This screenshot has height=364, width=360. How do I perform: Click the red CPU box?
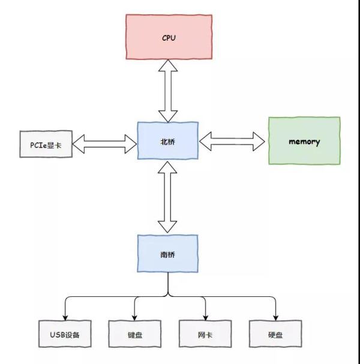click(x=168, y=38)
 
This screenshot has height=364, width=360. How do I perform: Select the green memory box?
click(x=304, y=142)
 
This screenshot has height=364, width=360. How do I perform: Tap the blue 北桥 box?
click(x=167, y=141)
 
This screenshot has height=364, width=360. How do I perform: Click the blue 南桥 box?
click(x=167, y=254)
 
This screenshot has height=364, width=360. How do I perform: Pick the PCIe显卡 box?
click(x=46, y=144)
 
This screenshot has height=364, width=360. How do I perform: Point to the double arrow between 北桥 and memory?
click(x=232, y=142)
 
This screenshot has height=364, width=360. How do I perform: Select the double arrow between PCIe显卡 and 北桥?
click(x=105, y=143)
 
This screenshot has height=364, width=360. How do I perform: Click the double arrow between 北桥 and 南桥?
click(x=168, y=197)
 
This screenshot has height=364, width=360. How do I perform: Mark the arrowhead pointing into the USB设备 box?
click(x=64, y=317)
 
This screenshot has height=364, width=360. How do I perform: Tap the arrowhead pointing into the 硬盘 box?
click(x=275, y=317)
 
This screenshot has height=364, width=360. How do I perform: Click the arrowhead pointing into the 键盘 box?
click(x=134, y=317)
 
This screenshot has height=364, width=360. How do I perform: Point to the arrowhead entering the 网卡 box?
click(x=205, y=317)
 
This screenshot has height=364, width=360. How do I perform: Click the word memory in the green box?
click(x=304, y=142)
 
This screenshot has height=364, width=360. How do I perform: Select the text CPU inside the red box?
click(x=169, y=38)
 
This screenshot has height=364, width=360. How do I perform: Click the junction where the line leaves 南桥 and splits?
click(x=168, y=295)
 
